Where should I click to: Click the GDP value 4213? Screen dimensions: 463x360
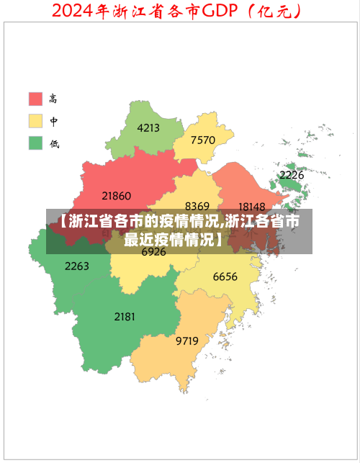(x=148, y=128)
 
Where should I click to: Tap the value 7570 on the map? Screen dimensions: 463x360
(x=204, y=140)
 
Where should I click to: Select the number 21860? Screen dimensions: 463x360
(x=117, y=195)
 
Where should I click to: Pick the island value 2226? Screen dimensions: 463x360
(x=292, y=175)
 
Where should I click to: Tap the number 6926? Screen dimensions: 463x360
(x=153, y=252)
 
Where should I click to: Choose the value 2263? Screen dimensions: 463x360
(x=77, y=266)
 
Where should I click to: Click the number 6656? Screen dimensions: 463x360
(x=225, y=277)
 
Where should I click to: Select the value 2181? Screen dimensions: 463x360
(x=125, y=316)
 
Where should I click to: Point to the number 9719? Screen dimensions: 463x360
(x=187, y=341)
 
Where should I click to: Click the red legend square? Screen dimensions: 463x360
(x=36, y=99)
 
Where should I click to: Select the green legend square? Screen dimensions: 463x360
(x=36, y=143)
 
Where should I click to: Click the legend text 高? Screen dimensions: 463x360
(x=54, y=99)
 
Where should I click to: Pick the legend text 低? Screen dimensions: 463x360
(x=54, y=143)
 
